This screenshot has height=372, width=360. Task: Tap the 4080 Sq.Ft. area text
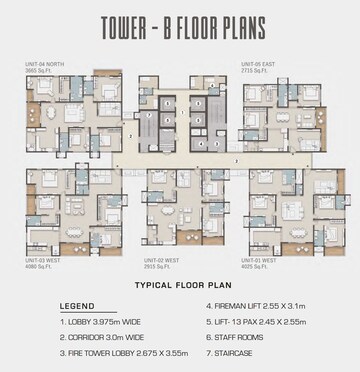(42, 267)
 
